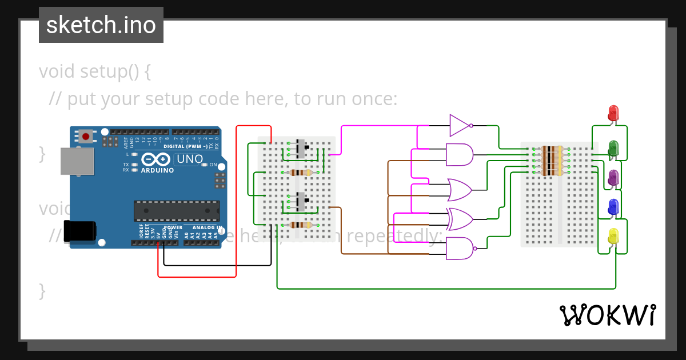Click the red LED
(x=613, y=112)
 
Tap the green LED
(x=613, y=147)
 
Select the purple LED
(x=613, y=177)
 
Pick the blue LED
(x=613, y=207)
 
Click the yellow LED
(x=613, y=235)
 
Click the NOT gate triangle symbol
(x=459, y=125)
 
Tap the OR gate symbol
(x=459, y=189)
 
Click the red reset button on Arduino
(x=86, y=136)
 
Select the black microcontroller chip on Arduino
(x=177, y=210)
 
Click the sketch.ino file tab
(x=101, y=25)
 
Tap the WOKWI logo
(x=607, y=315)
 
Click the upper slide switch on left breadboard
(x=301, y=149)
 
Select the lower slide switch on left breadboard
(x=301, y=202)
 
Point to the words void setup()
(x=95, y=71)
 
